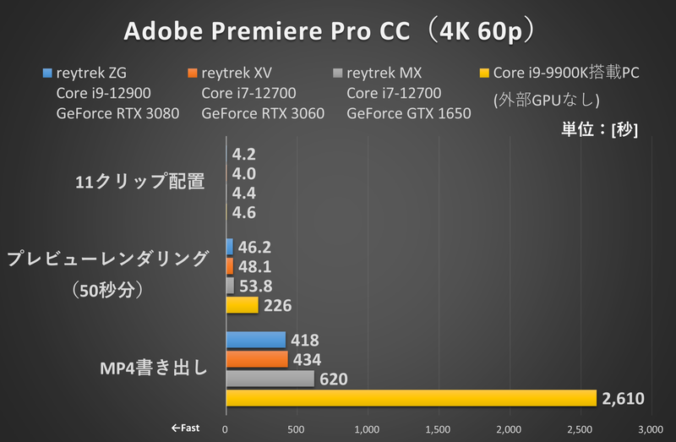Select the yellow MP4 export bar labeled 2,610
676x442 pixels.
pos(411,397)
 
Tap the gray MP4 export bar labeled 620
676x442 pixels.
pos(270,379)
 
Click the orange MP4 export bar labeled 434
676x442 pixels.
pos(257,359)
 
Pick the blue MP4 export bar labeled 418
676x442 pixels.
pos(255,340)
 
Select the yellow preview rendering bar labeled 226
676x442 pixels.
pos(242,305)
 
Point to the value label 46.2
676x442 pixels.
pos(254,248)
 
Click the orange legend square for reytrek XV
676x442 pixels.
pos(194,73)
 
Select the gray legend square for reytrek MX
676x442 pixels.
pos(338,73)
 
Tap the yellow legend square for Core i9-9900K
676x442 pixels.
pos(484,73)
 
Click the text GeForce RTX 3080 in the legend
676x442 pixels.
pos(117,113)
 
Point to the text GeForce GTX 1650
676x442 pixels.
pos(409,113)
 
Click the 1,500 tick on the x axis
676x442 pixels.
pos(438,429)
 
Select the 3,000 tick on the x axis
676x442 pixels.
pos(650,429)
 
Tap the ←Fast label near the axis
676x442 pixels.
pos(185,428)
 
